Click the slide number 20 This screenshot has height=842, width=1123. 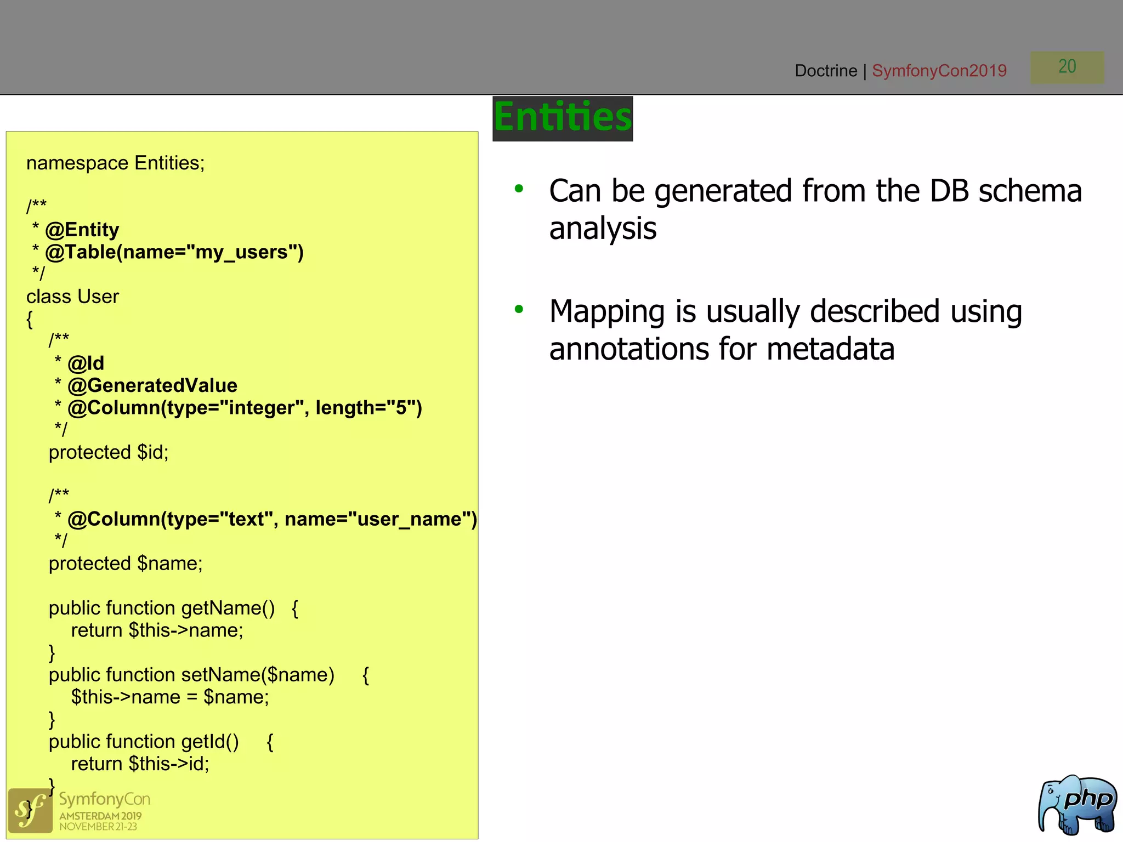[x=1067, y=67]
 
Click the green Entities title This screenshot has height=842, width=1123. [x=563, y=118]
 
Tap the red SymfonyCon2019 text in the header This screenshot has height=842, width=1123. [x=939, y=71]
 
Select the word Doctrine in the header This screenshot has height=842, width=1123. [x=825, y=71]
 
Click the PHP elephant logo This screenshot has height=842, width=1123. [x=1077, y=805]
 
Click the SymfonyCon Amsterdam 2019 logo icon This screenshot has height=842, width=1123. [x=30, y=811]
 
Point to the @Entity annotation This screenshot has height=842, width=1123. [x=82, y=230]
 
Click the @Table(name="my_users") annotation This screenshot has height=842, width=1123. [x=174, y=252]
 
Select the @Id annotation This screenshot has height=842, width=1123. [x=86, y=363]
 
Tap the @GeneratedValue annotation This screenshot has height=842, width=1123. [x=152, y=386]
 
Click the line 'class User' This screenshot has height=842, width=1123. [x=72, y=297]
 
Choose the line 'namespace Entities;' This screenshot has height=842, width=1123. [x=115, y=163]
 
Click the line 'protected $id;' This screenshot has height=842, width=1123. [x=109, y=452]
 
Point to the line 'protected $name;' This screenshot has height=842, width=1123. [x=126, y=564]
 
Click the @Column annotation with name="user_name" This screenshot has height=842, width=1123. [x=271, y=519]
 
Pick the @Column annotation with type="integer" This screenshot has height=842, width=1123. [x=244, y=408]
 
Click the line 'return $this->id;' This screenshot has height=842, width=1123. [x=140, y=764]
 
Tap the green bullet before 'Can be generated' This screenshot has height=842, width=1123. [x=519, y=189]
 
